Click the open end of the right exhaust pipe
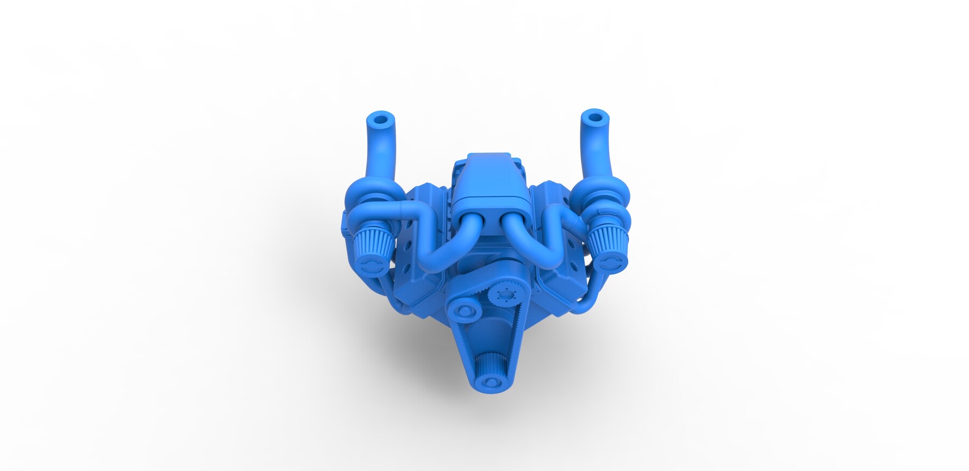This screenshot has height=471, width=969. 594,117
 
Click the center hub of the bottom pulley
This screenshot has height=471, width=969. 490,383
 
